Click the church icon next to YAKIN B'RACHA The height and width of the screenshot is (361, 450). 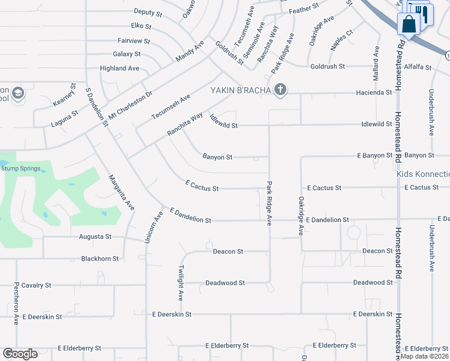click(279, 90)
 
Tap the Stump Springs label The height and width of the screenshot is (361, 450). click(23, 169)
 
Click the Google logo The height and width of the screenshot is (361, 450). click(20, 354)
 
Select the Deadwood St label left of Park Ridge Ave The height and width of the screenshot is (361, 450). click(225, 283)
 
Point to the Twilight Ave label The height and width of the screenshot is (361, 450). click(180, 283)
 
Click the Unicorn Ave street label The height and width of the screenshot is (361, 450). click(152, 227)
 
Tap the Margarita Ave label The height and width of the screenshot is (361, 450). click(121, 192)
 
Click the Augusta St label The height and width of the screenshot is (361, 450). click(96, 237)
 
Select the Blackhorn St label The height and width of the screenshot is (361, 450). click(100, 259)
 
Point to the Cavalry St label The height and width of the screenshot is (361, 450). click(36, 285)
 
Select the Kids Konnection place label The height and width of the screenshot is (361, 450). click(424, 174)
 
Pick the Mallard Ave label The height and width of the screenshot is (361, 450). click(377, 61)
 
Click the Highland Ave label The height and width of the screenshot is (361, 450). click(120, 69)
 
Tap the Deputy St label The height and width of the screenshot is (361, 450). click(148, 12)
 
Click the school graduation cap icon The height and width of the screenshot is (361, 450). click(17, 93)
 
